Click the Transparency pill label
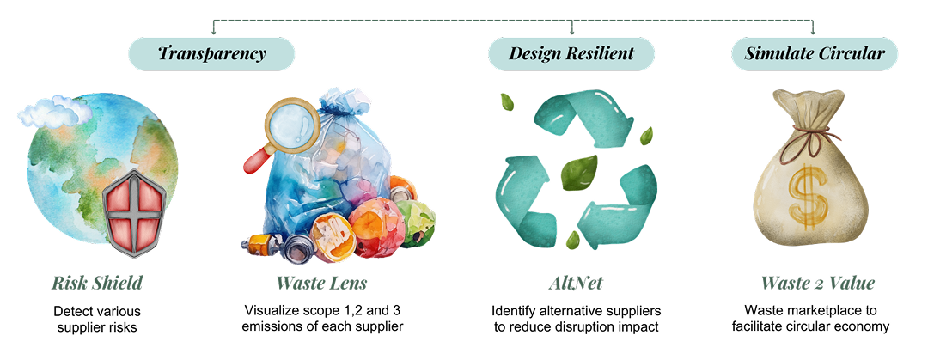(x=211, y=53)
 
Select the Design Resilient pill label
(x=571, y=53)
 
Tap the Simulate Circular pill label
(x=814, y=53)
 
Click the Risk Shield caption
(x=96, y=283)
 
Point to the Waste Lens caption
(x=322, y=283)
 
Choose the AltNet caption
(x=575, y=283)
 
